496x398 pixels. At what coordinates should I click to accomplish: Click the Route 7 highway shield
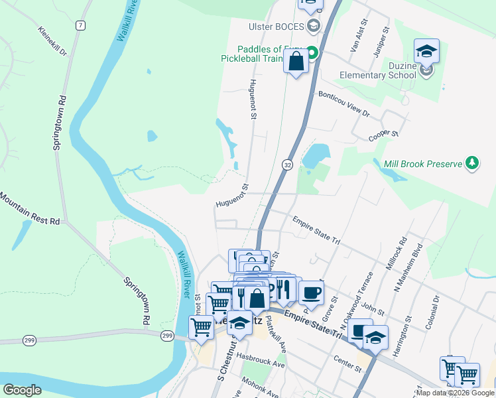pos(80,25)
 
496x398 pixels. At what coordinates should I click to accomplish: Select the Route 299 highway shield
pos(168,336)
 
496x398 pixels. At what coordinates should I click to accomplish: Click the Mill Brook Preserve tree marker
pos(471,163)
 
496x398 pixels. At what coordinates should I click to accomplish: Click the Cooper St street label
pos(383,135)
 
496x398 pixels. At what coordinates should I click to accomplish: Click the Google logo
pos(23,390)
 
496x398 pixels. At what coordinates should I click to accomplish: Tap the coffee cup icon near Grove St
pos(310,293)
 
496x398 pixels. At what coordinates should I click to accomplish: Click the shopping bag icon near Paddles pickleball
pos(296,62)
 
